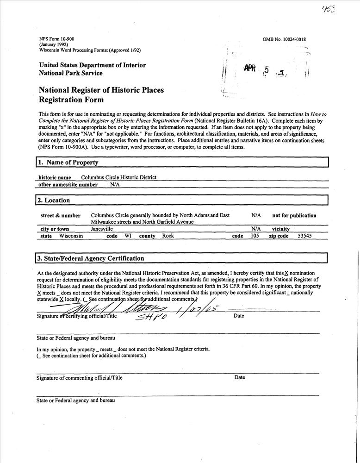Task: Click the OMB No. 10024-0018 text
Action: coord(284,39)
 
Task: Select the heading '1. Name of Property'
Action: coord(68,163)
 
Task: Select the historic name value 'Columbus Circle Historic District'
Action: coord(119,177)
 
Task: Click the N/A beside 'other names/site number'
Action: coord(115,184)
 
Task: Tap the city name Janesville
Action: coord(102,229)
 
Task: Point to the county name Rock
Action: coord(168,236)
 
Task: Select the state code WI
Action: coord(128,236)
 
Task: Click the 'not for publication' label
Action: coord(294,215)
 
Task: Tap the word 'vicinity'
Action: coord(281,229)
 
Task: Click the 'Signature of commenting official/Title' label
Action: coord(80,378)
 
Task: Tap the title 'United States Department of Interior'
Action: coord(93,65)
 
